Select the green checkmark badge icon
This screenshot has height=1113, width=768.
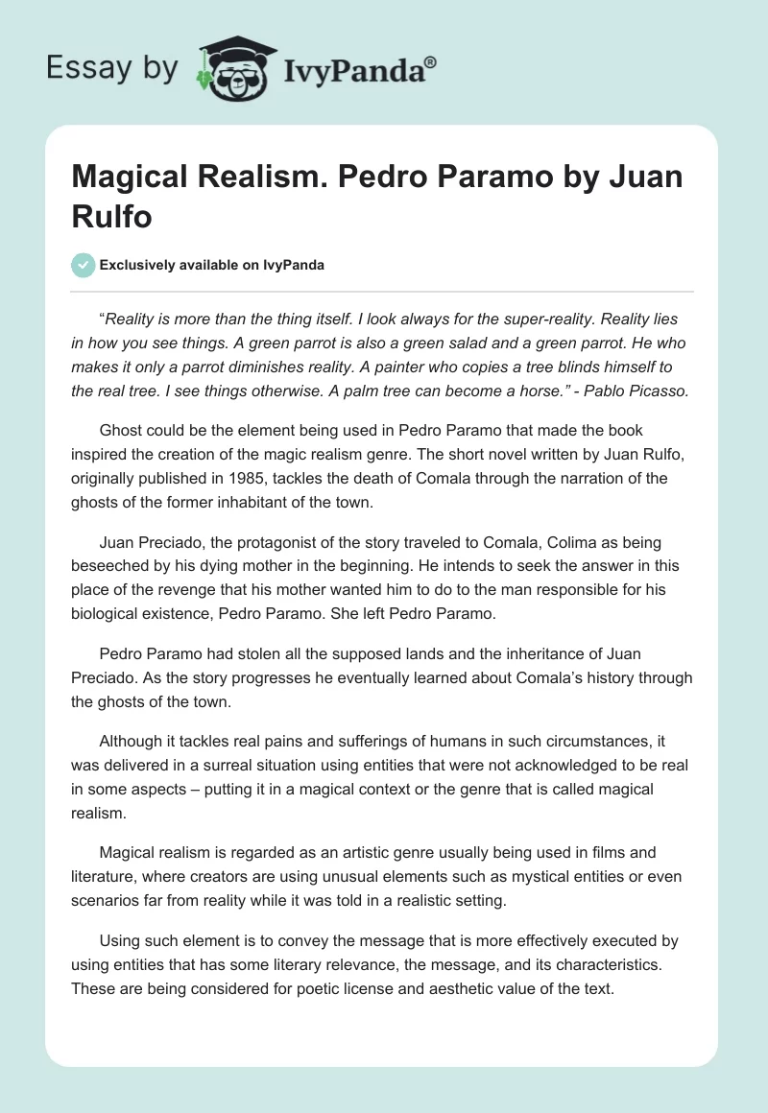[84, 265]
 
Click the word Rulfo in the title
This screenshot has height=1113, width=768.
[111, 216]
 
